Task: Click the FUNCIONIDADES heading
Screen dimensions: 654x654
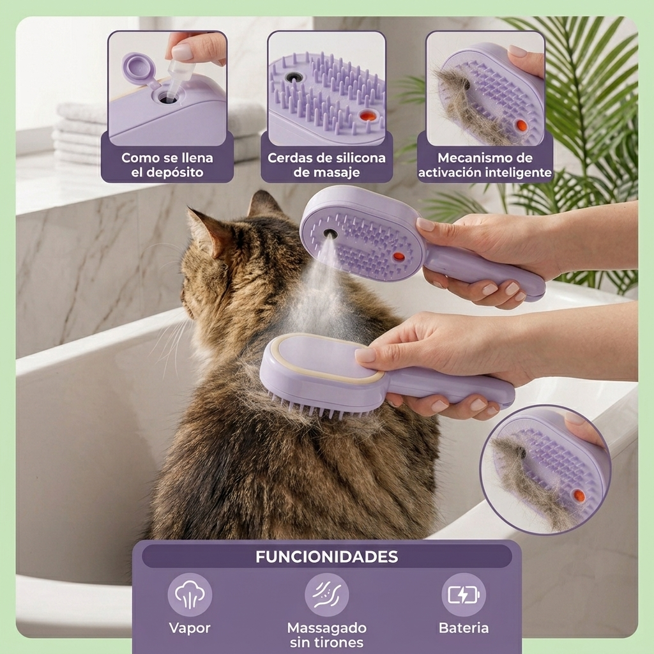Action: [326, 557]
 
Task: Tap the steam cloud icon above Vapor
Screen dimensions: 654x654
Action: [190, 595]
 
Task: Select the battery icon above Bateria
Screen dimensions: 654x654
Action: [464, 595]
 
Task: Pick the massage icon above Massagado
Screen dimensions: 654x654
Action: [326, 595]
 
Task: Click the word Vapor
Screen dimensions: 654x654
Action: [190, 628]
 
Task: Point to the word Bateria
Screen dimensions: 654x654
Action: [464, 628]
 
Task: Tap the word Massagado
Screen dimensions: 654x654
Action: [326, 628]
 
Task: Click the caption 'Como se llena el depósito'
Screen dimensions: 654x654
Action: [167, 165]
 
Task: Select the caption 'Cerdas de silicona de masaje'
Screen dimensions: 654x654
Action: [326, 165]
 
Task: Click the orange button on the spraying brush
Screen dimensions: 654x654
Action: [399, 256]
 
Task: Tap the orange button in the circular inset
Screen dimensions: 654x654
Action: [579, 496]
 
